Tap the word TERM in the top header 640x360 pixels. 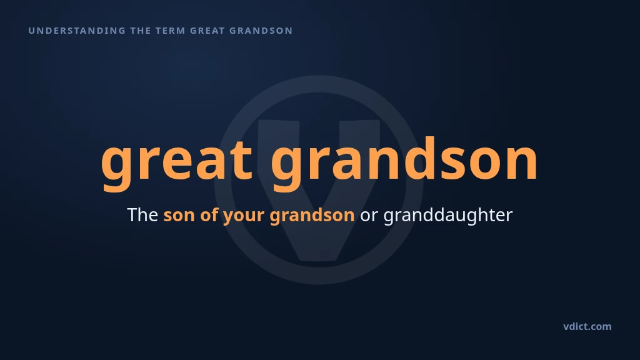(x=171, y=31)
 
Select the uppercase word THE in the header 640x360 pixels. (x=141, y=31)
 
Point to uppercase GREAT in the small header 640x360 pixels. (x=207, y=31)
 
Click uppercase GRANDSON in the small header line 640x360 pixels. (x=261, y=31)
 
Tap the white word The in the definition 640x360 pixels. (x=142, y=215)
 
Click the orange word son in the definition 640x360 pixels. (x=179, y=216)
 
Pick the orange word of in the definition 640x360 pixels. (x=209, y=215)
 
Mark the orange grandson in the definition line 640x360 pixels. (x=312, y=216)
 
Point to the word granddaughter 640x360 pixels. (x=447, y=216)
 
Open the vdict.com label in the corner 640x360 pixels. (x=587, y=326)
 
